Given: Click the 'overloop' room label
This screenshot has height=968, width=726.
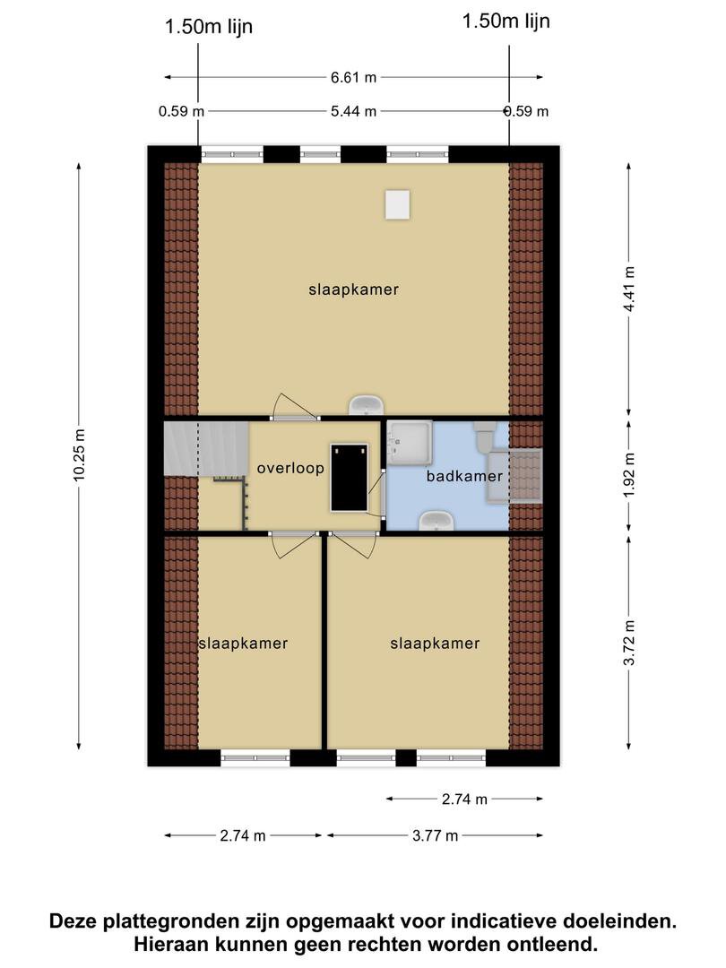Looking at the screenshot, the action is (290, 468).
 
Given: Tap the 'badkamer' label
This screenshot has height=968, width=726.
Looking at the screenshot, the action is (464, 476).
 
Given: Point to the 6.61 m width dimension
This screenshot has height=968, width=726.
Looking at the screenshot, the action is (353, 77).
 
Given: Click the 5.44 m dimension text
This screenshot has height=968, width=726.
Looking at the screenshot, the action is (353, 111).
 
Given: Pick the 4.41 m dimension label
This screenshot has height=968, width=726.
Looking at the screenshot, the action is (629, 290).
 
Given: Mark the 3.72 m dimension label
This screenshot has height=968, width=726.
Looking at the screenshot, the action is (629, 643).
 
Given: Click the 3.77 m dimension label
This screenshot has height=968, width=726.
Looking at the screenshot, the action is (436, 836).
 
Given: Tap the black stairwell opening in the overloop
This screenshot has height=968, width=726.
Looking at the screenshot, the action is (350, 478).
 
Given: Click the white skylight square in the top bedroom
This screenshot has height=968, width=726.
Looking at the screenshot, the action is (398, 204).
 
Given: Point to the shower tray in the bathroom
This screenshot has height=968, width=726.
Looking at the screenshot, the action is (410, 442).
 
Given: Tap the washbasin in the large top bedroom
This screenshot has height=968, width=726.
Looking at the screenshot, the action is (367, 405).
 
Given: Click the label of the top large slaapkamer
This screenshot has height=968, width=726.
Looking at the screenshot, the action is (354, 290).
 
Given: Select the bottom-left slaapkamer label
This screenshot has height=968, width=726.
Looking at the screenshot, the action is (243, 644).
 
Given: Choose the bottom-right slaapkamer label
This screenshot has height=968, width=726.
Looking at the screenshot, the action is (436, 644).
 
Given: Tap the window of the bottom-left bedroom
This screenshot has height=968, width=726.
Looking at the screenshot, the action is (255, 757).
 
